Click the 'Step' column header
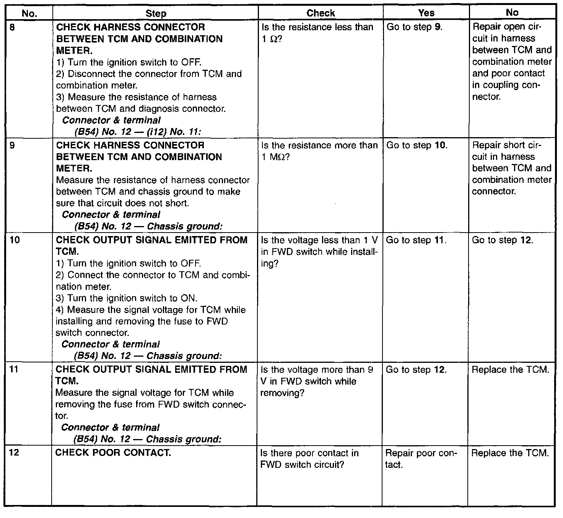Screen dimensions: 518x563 (156, 13)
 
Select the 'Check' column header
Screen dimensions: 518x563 (321, 13)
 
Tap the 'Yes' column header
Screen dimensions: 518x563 (426, 13)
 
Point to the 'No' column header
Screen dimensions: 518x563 (512, 13)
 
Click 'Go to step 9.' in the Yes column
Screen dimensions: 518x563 (415, 28)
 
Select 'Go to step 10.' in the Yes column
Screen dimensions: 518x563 (417, 146)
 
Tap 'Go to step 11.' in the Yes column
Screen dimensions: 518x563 (417, 241)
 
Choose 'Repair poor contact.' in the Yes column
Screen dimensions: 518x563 (421, 459)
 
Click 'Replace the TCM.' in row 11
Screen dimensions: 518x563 (510, 370)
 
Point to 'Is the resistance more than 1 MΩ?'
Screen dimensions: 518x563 (319, 151)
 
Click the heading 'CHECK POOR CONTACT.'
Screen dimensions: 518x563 (113, 453)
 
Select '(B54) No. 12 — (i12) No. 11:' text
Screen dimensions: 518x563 (138, 132)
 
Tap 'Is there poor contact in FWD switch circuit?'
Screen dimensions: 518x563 (309, 459)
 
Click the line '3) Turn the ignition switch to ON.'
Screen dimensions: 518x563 (127, 298)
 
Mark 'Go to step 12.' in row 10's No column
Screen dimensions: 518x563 (503, 241)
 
